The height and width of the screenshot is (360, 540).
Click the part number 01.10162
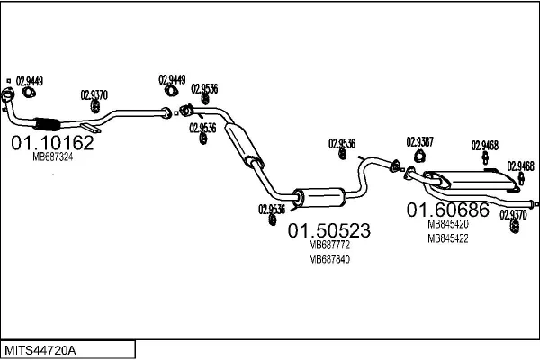click(52, 142)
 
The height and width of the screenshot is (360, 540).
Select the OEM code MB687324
click(52, 157)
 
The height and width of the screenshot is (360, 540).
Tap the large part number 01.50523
click(329, 230)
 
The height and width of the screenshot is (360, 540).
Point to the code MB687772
click(329, 245)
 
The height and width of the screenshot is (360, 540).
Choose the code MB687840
click(329, 259)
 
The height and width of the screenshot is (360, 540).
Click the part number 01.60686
click(448, 211)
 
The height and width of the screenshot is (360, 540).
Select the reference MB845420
click(447, 225)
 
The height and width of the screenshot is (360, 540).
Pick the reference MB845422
click(447, 238)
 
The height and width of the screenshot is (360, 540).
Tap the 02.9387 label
click(419, 141)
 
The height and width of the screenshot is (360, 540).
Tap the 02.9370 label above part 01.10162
click(94, 94)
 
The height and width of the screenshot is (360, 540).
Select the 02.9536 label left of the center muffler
click(272, 209)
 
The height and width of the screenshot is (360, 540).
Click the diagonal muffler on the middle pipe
click(244, 147)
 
